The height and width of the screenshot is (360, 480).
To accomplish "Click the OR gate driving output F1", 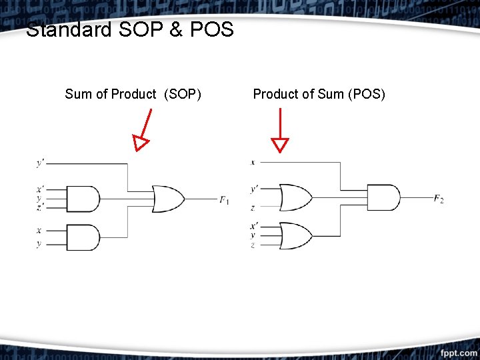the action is tap(168, 199).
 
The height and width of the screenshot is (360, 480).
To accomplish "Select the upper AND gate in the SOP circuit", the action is tap(84, 199).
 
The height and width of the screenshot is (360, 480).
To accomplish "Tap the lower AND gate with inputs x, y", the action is tap(84, 237).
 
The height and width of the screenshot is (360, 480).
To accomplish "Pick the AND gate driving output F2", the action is tap(384, 198).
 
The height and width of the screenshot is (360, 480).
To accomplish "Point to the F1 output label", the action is tap(224, 199).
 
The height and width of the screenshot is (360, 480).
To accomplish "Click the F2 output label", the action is tap(438, 199).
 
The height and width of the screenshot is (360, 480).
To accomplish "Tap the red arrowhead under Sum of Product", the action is tap(140, 143).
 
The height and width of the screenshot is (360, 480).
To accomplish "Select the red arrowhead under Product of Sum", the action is tap(280, 145).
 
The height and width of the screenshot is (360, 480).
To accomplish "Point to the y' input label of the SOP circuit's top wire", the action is tap(41, 163).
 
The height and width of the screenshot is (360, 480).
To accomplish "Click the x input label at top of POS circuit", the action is tap(253, 162).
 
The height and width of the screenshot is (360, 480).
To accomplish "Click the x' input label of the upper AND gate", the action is tap(40, 190).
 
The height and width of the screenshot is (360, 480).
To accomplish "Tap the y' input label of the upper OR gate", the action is tap(253, 189).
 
